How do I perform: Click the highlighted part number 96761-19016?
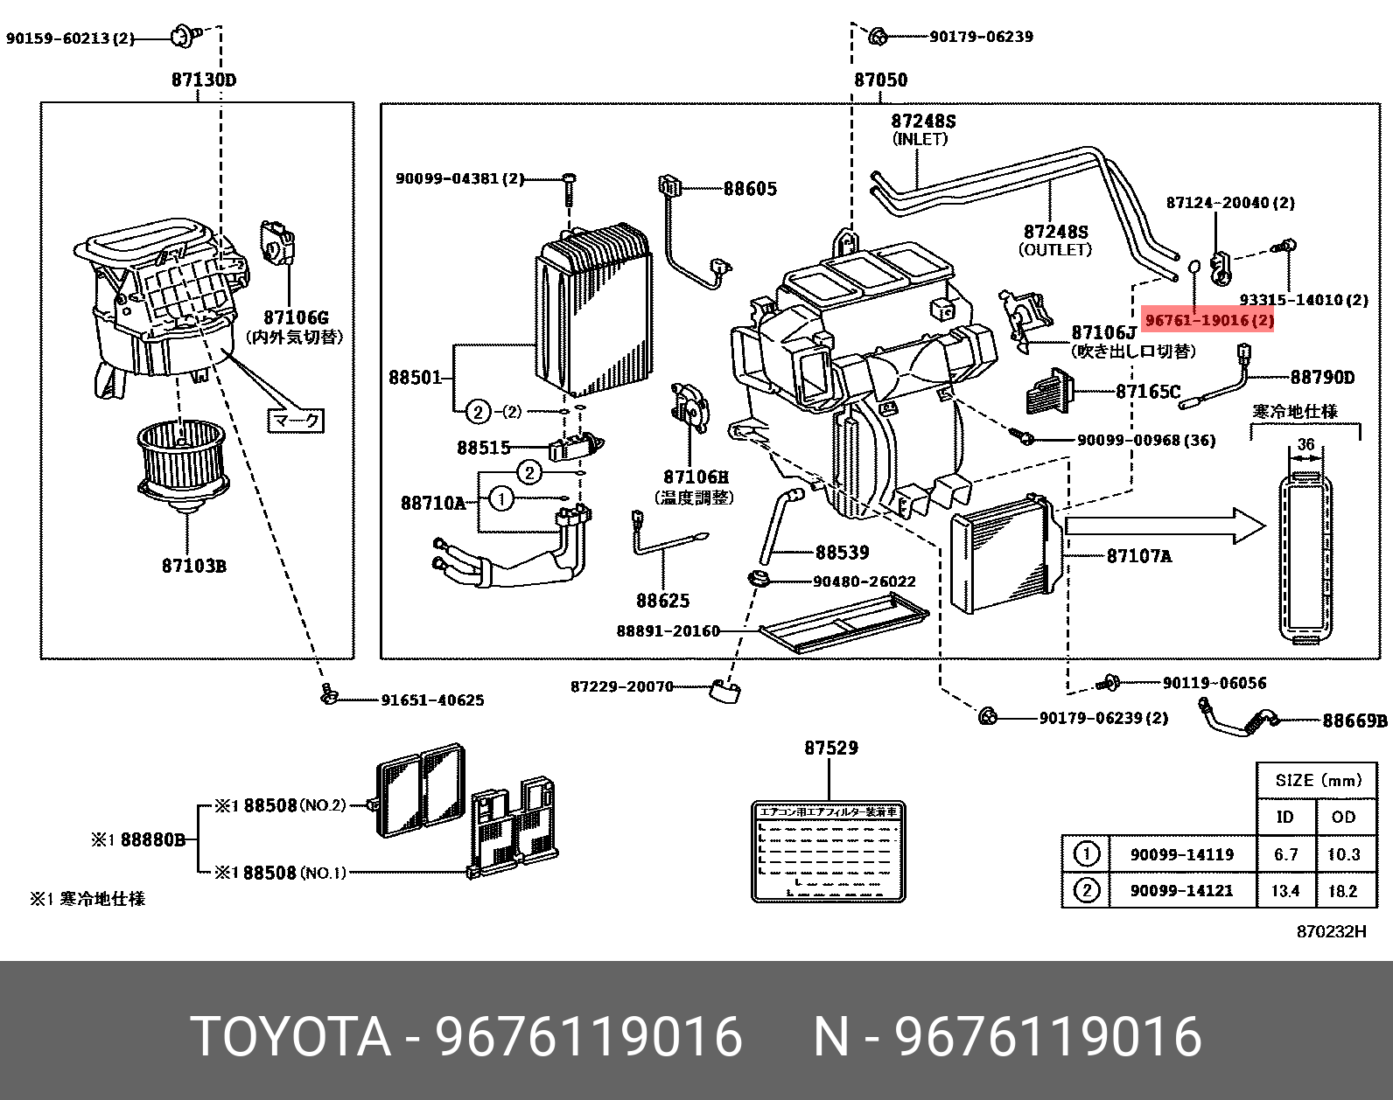(1209, 321)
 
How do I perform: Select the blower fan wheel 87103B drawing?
(183, 463)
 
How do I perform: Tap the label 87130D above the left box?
(203, 80)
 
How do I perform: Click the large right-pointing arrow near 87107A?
(1165, 526)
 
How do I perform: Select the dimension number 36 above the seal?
(1305, 444)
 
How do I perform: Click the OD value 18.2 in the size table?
(1342, 891)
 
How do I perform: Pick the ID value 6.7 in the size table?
(1285, 854)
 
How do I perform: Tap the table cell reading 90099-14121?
(1181, 891)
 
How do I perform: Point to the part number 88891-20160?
(667, 630)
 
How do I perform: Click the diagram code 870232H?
(1331, 931)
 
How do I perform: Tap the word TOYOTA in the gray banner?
(290, 1037)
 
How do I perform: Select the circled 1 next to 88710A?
(500, 499)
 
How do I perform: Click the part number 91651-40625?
(431, 700)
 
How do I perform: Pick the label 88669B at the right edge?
(1354, 721)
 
